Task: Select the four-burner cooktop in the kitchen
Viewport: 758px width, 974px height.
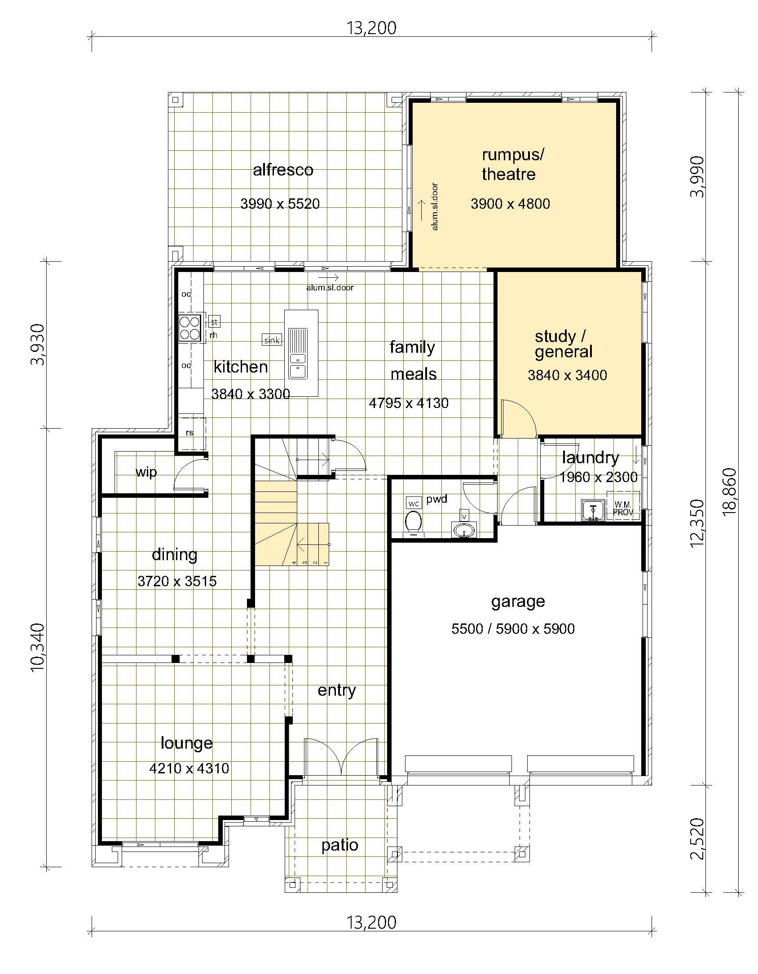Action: tap(189, 327)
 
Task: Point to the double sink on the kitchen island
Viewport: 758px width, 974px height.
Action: tap(298, 365)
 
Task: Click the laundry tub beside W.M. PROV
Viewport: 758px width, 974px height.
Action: tap(593, 510)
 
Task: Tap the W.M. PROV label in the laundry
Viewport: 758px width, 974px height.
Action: tap(623, 508)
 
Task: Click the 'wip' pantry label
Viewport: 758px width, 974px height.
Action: tap(146, 472)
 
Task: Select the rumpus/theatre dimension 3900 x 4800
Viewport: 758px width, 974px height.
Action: tap(510, 204)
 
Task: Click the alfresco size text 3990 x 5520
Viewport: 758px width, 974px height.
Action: tap(280, 204)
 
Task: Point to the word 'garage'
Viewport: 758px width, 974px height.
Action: tap(518, 602)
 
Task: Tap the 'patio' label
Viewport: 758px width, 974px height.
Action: tap(340, 846)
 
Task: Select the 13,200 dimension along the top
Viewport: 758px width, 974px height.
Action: tap(371, 28)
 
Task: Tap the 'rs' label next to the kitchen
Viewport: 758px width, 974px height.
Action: tap(189, 433)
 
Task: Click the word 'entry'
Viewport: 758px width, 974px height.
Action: tap(337, 690)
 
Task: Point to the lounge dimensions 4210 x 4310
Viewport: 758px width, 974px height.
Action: tap(189, 768)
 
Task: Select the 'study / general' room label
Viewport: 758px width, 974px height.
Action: tap(563, 344)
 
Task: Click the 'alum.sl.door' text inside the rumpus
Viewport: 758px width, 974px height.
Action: tap(435, 206)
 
